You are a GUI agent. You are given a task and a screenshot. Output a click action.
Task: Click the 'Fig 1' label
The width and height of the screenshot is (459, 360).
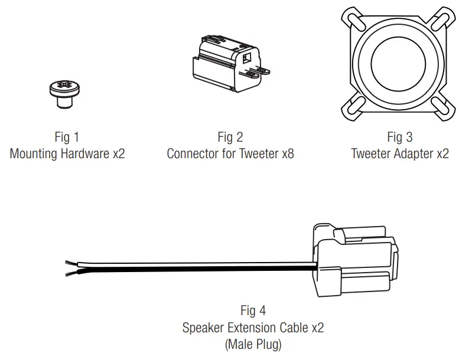point(67,138)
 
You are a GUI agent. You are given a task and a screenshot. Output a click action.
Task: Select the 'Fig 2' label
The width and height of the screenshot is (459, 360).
point(230,138)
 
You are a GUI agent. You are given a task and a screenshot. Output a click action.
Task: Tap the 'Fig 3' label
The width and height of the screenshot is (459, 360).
point(399,138)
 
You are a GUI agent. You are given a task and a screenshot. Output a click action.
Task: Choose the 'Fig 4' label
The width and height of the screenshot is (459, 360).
point(253,310)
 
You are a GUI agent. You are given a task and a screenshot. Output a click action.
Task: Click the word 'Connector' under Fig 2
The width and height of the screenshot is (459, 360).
point(193,154)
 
